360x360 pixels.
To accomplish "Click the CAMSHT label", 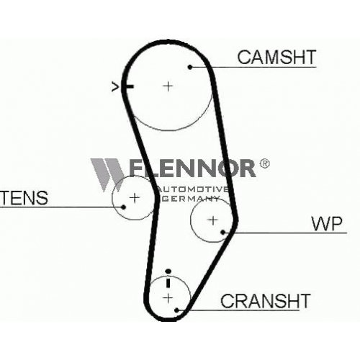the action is point(276,57).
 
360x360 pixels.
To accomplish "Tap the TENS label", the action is point(24,198).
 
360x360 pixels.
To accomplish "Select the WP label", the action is point(326,223).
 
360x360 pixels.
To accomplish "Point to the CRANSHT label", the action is point(266,301).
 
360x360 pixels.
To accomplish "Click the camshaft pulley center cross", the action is point(168,86).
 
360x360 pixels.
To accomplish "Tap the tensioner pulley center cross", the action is point(135,198).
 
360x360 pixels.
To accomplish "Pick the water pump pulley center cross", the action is point(212,220).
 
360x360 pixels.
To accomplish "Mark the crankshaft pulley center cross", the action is point(168,298).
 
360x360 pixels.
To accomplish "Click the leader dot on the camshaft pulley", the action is point(190,67).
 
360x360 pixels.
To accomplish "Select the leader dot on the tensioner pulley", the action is point(124,207).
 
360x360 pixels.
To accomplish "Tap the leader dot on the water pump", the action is point(223,232).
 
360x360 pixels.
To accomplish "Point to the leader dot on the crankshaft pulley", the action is point(177,310).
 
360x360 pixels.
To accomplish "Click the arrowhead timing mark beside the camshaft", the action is point(115,86).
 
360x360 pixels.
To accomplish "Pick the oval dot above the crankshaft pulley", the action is point(168,271).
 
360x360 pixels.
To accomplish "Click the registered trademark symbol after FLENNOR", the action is point(264,163).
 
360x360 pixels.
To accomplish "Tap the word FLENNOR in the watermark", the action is point(192,168).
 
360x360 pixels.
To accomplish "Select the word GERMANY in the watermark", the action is point(190,199).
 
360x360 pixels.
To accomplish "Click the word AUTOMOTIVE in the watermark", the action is point(192,189).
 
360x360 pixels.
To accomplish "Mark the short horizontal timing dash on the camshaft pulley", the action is point(129,86).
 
